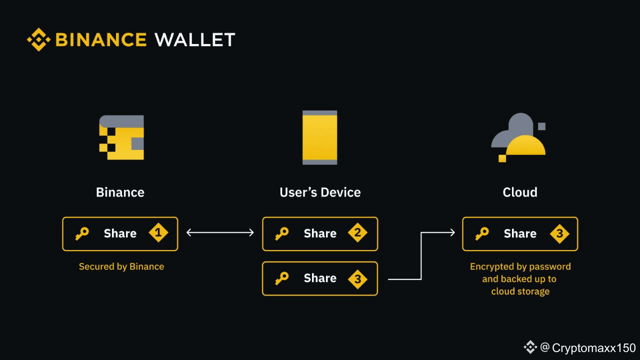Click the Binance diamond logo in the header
click(38, 39)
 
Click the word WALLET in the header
click(195, 39)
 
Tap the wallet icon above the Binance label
click(121, 137)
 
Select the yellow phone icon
click(320, 137)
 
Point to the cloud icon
click(518, 137)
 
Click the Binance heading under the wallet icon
click(120, 192)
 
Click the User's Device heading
click(320, 192)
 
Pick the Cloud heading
click(520, 192)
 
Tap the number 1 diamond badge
click(158, 233)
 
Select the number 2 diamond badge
click(358, 233)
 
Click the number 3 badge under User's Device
click(358, 279)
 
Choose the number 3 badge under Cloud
click(559, 233)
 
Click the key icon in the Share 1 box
click(81, 233)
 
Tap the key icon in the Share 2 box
click(281, 233)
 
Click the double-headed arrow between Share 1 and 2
click(220, 232)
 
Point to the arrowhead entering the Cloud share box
click(452, 232)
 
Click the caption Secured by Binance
click(121, 266)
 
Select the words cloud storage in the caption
click(520, 291)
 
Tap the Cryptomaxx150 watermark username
click(593, 348)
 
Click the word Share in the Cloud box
click(520, 233)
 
